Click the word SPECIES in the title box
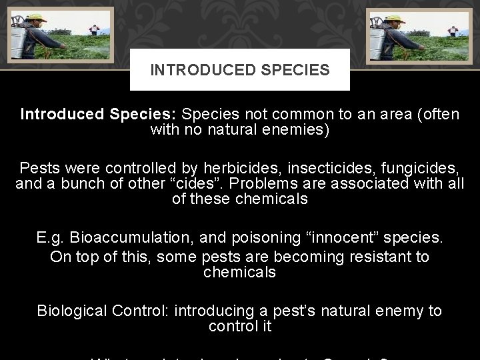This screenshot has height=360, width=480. click(295, 70)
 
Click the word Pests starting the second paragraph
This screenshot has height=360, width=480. click(39, 167)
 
